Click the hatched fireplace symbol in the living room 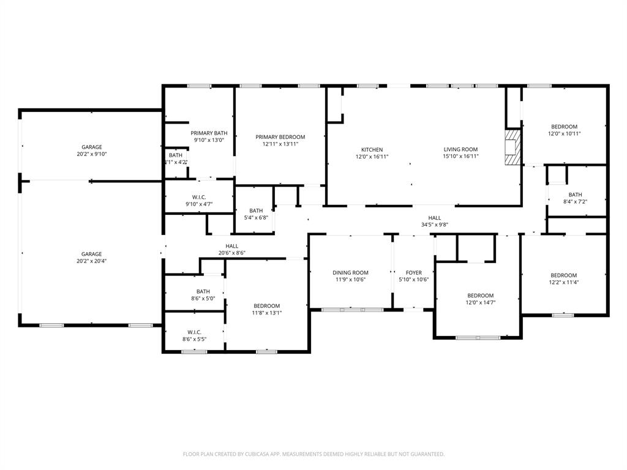coord(511,147)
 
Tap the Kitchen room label coord(372,149)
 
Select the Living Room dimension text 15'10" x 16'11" coord(460,157)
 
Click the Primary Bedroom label coord(280,137)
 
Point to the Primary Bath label coord(209,133)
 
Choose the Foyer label coord(414,273)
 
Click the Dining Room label coord(350,273)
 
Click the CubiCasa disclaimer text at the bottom coord(313,454)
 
